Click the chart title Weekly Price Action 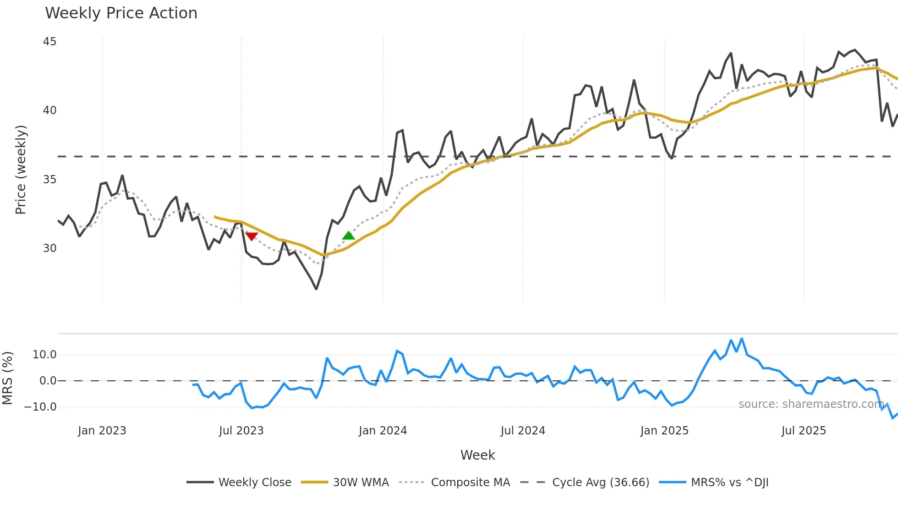click(121, 13)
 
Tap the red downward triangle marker click(252, 236)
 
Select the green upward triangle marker click(349, 236)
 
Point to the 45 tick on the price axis click(49, 42)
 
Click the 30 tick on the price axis click(49, 248)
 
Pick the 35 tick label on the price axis click(49, 180)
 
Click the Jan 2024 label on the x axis click(383, 431)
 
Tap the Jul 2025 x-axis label click(804, 431)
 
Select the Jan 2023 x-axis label click(102, 431)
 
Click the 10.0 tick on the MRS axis click(44, 355)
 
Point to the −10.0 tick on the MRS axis click(40, 407)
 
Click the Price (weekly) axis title click(21, 170)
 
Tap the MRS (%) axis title click(8, 378)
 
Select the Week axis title click(477, 455)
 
